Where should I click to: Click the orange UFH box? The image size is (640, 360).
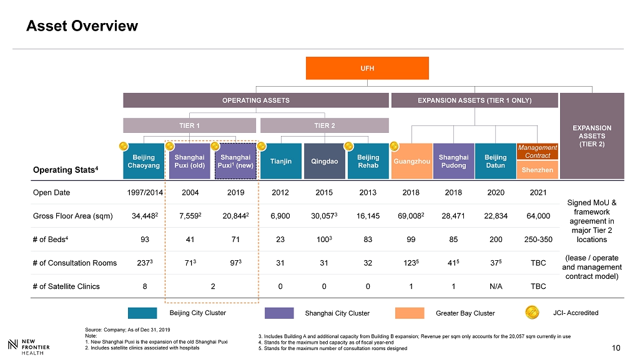pos(367,68)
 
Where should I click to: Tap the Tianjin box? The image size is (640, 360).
pos(280,161)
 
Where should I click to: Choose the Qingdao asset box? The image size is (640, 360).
pos(324,161)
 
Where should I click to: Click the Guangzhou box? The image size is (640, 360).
pos(412,161)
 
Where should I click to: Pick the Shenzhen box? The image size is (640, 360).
pos(537,170)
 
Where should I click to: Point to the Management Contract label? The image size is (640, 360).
pos(537,151)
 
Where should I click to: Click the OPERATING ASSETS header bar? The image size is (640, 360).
pos(255,100)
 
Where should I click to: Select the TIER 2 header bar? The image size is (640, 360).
pos(324,125)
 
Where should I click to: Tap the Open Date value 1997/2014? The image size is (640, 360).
pos(144,192)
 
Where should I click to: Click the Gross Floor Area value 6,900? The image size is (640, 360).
pos(280,216)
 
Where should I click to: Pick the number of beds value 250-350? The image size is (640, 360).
pos(538,240)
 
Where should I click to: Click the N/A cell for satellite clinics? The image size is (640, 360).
pos(495,286)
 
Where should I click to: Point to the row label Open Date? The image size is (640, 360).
pos(51,192)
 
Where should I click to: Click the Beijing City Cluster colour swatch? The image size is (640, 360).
pos(142,313)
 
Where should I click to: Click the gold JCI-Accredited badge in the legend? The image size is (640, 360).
pos(532,312)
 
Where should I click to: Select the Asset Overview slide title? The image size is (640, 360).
pos(82,26)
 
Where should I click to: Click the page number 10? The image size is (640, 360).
pos(617,348)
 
